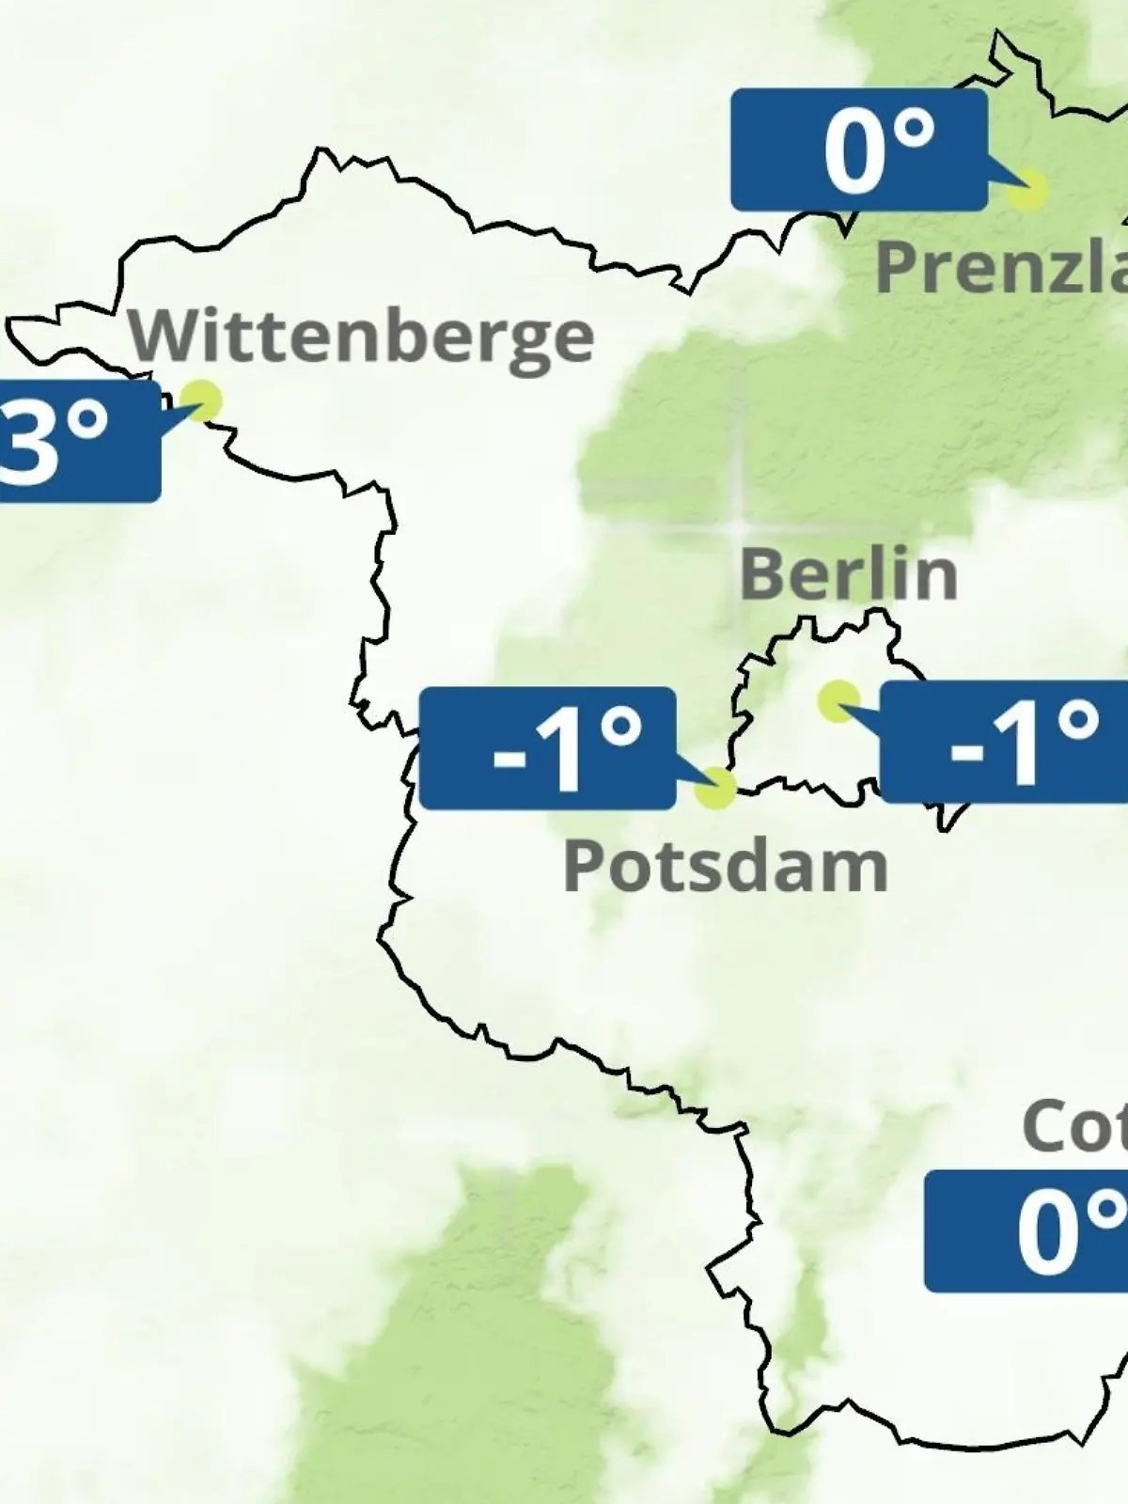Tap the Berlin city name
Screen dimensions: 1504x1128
tap(849, 573)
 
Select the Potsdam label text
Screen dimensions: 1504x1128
tap(726, 866)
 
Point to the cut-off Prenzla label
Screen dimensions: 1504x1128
tap(1001, 266)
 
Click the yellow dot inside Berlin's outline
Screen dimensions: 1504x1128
tap(838, 701)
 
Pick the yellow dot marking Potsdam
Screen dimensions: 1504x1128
tap(715, 788)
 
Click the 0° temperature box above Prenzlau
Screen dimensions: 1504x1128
tap(859, 149)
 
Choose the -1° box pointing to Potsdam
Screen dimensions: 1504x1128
tap(547, 748)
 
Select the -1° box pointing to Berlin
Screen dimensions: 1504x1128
tap(1004, 743)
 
